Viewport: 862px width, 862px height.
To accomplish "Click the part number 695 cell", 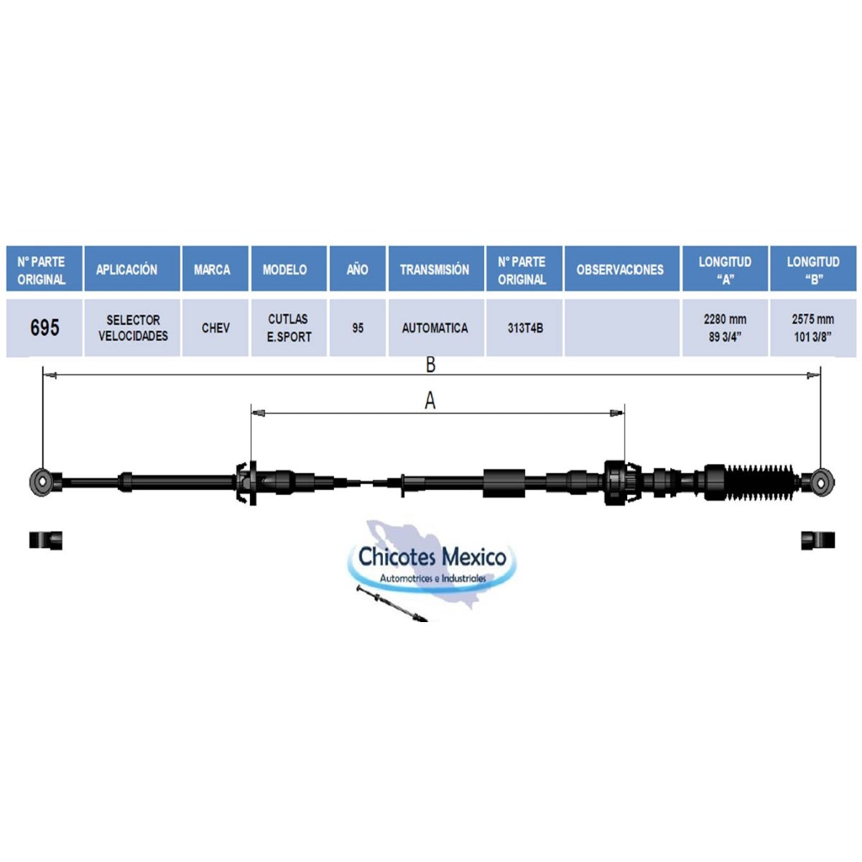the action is coord(45,328).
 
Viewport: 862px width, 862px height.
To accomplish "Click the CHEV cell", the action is coord(215,328).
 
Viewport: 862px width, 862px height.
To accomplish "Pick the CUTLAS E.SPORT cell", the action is coord(289,328).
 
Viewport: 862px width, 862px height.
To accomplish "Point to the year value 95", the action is coord(358,328).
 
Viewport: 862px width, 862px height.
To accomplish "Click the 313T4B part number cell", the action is coord(524,328).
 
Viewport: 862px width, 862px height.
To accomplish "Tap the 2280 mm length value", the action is coord(725,320).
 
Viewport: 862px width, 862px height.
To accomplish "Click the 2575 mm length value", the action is coord(812,320).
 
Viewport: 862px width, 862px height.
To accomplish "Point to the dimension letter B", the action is coord(430,365).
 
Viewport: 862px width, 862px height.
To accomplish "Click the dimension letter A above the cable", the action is coord(430,400).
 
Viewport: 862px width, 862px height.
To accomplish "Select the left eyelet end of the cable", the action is coord(42,482).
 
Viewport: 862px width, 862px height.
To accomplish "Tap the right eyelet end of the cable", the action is coord(820,482).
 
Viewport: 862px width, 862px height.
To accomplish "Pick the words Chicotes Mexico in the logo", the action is coord(432,557).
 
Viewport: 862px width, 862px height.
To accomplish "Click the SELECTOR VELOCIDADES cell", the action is coord(132,328).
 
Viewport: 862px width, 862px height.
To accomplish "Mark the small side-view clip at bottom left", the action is coord(46,540).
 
